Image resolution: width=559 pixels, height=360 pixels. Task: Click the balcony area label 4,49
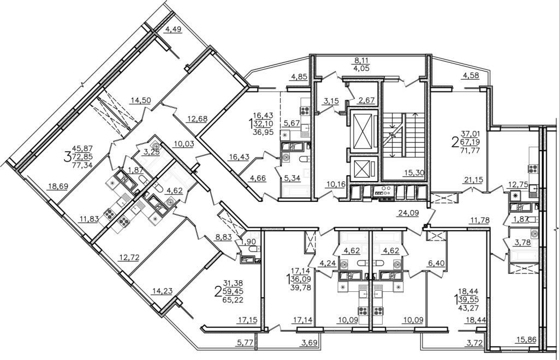[x=173, y=29]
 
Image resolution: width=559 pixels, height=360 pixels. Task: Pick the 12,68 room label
[x=197, y=118]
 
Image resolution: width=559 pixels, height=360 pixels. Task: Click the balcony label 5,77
[x=245, y=343]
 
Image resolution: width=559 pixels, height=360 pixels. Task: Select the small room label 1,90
[x=248, y=241]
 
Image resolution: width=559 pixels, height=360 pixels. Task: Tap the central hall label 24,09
[x=407, y=213]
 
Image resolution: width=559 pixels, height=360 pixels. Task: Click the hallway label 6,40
[x=437, y=263]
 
